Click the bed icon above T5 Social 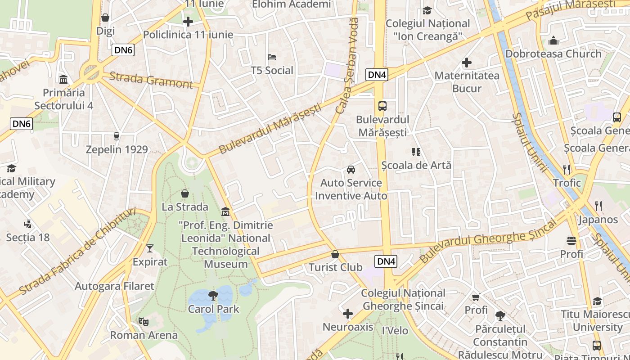[272, 57]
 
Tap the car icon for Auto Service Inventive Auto [351, 170]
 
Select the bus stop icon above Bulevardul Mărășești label [382, 106]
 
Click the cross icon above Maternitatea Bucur [467, 63]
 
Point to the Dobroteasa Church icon [553, 40]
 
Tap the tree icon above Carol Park [213, 296]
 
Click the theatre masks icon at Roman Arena [144, 321]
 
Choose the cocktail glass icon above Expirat [150, 248]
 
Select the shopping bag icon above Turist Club [335, 254]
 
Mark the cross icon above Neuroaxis [348, 313]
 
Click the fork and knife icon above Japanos [598, 206]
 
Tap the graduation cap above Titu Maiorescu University [597, 301]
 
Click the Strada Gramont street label [151, 80]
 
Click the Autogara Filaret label [114, 286]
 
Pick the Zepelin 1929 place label [117, 149]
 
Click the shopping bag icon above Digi [105, 18]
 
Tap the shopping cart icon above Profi [476, 297]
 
